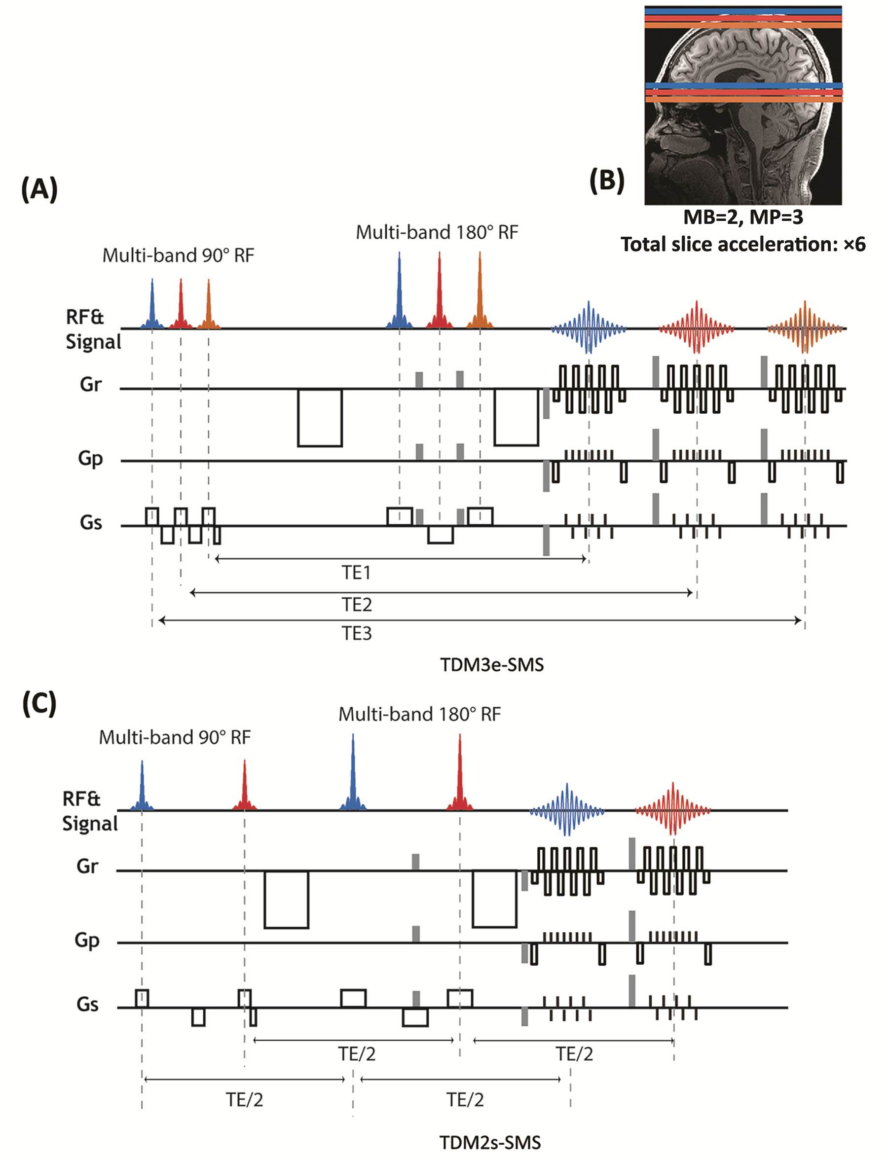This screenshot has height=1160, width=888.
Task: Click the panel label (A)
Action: click(39, 189)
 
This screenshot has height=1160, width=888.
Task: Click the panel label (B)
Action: click(607, 180)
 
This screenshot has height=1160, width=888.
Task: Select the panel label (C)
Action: click(39, 704)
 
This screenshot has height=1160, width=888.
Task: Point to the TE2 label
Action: click(356, 604)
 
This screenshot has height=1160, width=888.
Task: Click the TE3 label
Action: click(356, 633)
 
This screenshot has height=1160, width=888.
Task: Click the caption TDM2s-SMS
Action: click(490, 1143)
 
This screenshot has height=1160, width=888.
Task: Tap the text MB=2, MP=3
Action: click(742, 217)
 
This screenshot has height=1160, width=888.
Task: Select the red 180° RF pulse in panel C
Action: click(459, 777)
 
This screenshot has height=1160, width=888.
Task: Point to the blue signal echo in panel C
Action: click(567, 809)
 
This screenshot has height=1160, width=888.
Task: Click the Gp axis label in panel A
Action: click(90, 458)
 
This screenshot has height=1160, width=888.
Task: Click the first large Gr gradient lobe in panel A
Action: click(320, 418)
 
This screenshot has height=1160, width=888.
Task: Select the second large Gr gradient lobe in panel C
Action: click(494, 899)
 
